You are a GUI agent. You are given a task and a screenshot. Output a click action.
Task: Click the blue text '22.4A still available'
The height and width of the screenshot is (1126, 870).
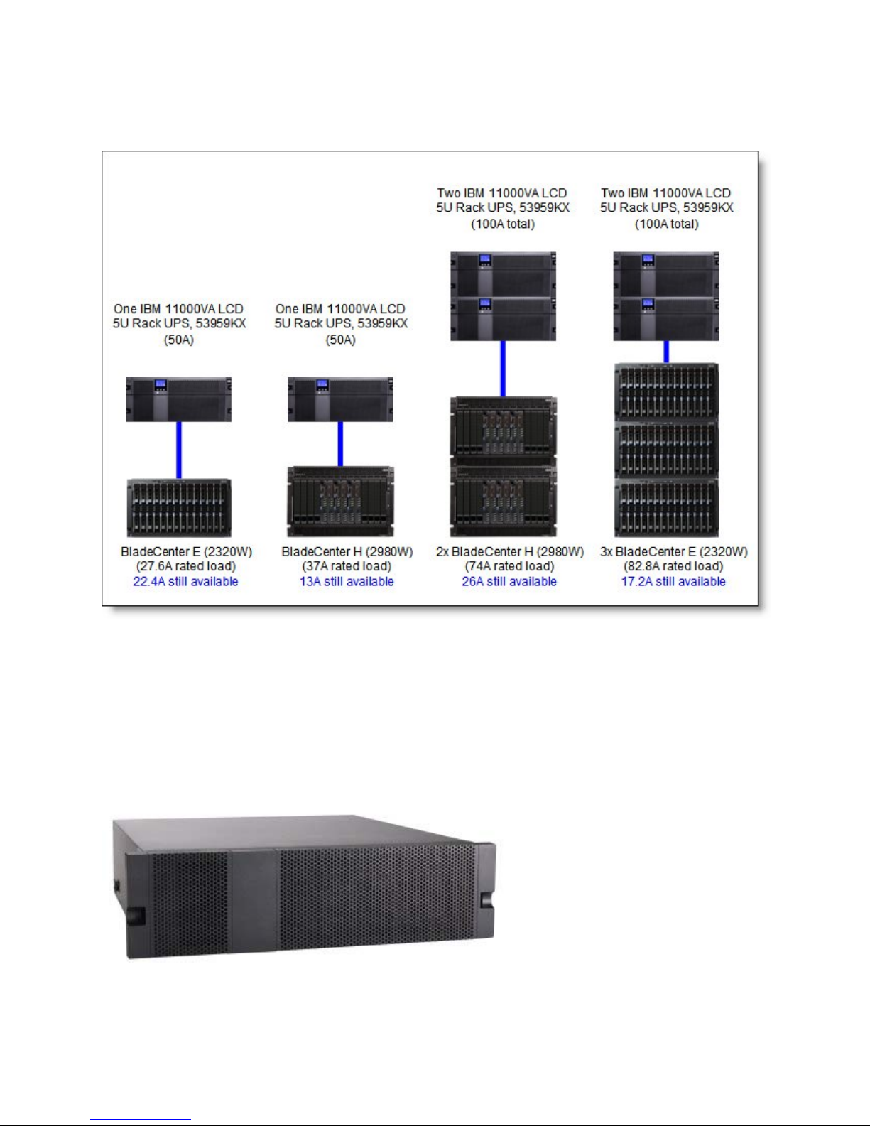pos(185,581)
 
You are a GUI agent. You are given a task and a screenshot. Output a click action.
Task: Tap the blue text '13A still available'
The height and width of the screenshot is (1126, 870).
pos(347,581)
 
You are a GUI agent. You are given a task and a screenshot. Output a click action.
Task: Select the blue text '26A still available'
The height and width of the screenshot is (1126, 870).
pos(509,581)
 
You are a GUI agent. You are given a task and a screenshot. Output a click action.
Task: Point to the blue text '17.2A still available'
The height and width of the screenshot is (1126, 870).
pos(673,581)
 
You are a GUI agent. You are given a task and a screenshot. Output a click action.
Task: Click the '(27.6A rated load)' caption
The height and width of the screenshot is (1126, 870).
pos(186,566)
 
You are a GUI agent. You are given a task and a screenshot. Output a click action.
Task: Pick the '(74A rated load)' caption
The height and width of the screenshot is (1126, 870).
pos(510,566)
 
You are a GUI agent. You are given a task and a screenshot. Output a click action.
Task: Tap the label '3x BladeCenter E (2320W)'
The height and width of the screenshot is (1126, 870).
pos(674,551)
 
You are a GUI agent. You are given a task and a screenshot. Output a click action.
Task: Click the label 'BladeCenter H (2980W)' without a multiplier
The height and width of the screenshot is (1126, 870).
pos(347,551)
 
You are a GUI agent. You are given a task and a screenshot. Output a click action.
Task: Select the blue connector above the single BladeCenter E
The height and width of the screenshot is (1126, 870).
pos(179,450)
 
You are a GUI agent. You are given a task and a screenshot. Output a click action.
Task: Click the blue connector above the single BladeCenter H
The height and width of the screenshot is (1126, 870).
pos(340,443)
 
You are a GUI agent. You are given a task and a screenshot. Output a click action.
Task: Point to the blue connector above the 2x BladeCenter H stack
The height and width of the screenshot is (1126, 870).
pos(503,369)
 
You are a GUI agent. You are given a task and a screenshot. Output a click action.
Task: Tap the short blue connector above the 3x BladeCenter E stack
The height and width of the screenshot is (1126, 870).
pos(666,352)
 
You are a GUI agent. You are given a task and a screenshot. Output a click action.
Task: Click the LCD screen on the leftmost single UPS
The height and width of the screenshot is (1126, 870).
pos(161,384)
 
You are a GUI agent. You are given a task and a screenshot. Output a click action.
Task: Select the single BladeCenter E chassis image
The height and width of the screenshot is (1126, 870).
pos(179,508)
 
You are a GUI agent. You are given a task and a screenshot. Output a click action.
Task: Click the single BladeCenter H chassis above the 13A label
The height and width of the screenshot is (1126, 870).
pos(340,502)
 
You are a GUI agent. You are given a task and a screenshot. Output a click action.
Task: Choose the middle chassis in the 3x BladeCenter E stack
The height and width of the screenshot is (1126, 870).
pos(666,449)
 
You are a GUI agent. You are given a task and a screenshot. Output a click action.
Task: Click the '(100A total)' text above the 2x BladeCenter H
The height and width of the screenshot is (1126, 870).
pos(502,224)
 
